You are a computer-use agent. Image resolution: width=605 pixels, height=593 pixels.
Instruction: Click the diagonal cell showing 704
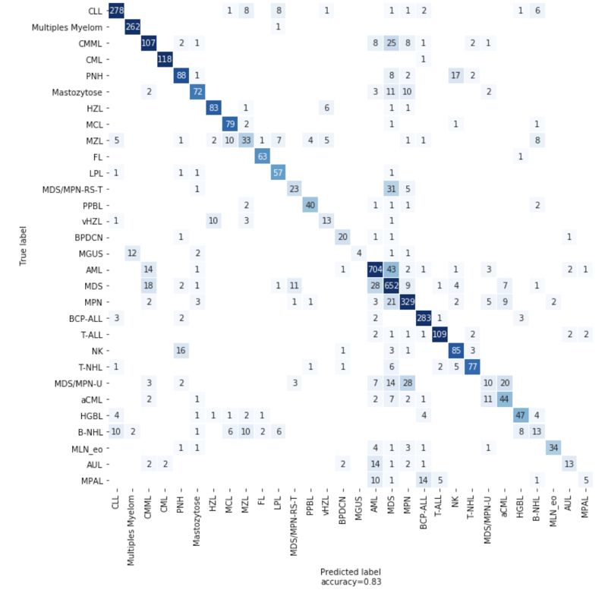pos(375,268)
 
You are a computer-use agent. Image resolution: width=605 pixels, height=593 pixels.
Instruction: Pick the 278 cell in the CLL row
pos(116,10)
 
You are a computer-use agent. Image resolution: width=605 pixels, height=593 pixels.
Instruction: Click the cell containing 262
pos(132,27)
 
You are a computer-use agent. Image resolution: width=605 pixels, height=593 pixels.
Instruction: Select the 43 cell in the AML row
pos(391,268)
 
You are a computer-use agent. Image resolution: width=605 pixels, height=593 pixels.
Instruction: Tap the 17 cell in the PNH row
pos(455,75)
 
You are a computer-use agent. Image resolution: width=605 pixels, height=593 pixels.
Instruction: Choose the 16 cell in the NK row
pos(181,350)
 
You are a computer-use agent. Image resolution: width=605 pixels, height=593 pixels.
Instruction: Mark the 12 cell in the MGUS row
pos(132,252)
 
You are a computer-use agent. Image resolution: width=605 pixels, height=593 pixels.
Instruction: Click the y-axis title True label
pos(24,244)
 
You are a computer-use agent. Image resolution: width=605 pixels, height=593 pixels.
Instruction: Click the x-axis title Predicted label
pos(350,571)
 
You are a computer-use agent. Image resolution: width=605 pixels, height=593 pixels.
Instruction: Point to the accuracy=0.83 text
pos(350,582)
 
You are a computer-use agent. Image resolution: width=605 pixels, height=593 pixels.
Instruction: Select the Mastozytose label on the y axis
pos(79,92)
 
